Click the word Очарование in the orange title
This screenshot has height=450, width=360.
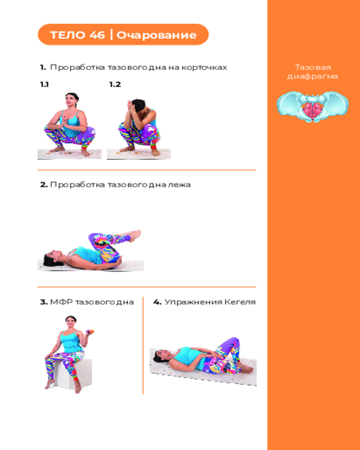click(157, 35)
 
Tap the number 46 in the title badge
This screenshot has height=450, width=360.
click(97, 35)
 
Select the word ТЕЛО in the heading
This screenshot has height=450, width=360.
click(68, 35)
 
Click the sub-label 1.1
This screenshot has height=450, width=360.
click(44, 85)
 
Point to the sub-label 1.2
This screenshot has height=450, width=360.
click(115, 85)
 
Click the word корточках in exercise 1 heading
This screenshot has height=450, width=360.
click(204, 67)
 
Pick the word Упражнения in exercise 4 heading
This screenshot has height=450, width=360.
click(193, 302)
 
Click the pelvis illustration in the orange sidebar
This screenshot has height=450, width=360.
click(313, 107)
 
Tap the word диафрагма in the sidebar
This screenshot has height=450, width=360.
click(312, 76)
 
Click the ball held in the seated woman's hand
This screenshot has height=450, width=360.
click(91, 332)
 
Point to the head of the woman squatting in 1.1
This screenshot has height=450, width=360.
click(72, 99)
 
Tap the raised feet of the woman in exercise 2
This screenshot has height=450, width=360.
click(135, 235)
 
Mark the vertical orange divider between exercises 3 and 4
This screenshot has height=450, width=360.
click(143, 346)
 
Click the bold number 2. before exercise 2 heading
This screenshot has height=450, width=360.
click(44, 184)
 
